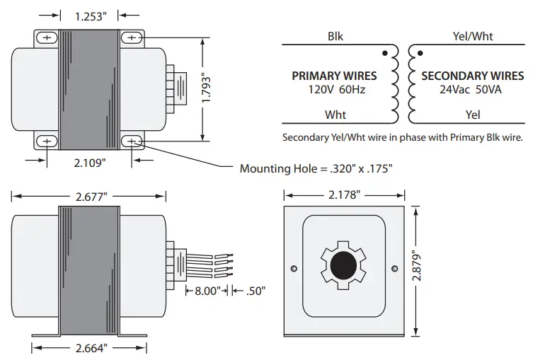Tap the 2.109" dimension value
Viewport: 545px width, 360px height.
(90, 162)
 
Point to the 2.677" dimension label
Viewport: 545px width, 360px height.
(88, 197)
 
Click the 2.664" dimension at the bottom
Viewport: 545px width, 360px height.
(89, 348)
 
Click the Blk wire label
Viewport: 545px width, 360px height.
(335, 36)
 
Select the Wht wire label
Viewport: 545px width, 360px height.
(335, 114)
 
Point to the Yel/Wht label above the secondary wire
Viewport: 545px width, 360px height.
(473, 36)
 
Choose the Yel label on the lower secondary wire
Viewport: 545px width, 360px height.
(473, 114)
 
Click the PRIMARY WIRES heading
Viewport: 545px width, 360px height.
(334, 76)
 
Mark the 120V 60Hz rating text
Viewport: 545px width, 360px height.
(334, 90)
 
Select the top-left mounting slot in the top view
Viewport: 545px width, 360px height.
(47, 37)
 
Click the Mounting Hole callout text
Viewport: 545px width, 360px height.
(316, 168)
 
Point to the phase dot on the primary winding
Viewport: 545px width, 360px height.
(384, 53)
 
